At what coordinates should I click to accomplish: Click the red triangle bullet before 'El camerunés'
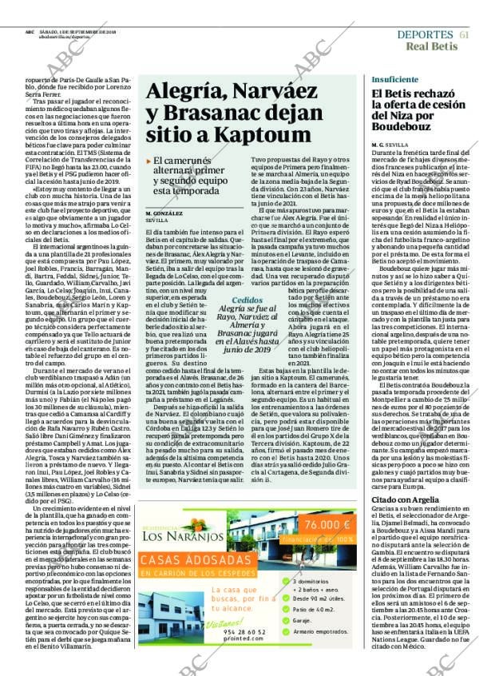pyautogui.click(x=148, y=161)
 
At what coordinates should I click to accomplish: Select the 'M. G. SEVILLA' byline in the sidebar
pyautogui.click(x=389, y=144)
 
